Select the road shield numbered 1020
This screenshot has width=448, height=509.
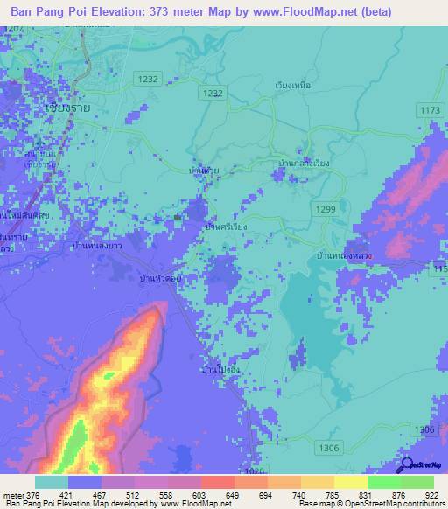253,471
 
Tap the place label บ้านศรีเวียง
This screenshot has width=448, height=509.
225,226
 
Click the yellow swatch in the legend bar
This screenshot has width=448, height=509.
350,482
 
